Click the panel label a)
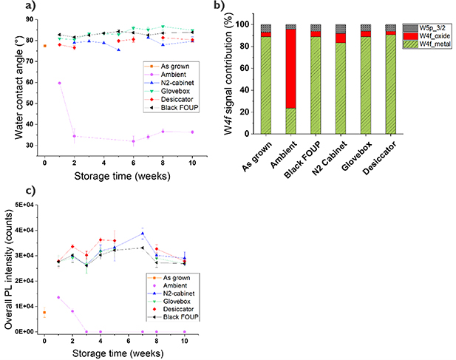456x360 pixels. [x=8, y=7]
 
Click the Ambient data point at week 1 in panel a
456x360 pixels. [x=59, y=83]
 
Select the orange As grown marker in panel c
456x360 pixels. [x=44, y=313]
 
